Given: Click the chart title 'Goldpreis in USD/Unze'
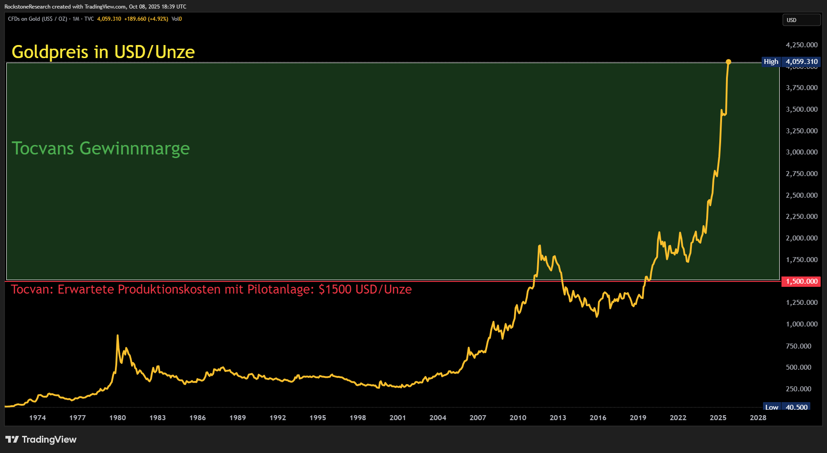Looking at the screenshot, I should pos(103,52).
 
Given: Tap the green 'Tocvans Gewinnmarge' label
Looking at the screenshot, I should pos(101,149).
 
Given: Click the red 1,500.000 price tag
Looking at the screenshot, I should pos(801,281).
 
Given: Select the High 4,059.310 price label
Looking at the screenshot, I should pos(791,62).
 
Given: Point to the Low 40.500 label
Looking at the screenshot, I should pos(786,407).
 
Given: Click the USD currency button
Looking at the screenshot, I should pos(801,20).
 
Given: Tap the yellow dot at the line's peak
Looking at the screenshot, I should pos(728,62).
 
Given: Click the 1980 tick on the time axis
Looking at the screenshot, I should pos(118,418).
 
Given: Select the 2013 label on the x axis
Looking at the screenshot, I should pos(558,418).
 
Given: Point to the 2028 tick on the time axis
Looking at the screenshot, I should pos(758,418).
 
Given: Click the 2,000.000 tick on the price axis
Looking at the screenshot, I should pos(801,238).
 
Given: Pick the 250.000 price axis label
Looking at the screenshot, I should pos(799,389).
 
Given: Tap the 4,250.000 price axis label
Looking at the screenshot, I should pos(801,45).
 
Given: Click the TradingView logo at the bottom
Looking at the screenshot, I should pos(41,439).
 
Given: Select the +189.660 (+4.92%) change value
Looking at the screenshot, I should pos(146,19).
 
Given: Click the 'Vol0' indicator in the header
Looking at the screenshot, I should pos(177,19).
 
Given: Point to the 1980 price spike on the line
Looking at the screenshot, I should pos(118,336).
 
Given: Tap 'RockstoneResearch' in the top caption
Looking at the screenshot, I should pos(27,7).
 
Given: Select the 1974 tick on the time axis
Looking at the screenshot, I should pos(37,418).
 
